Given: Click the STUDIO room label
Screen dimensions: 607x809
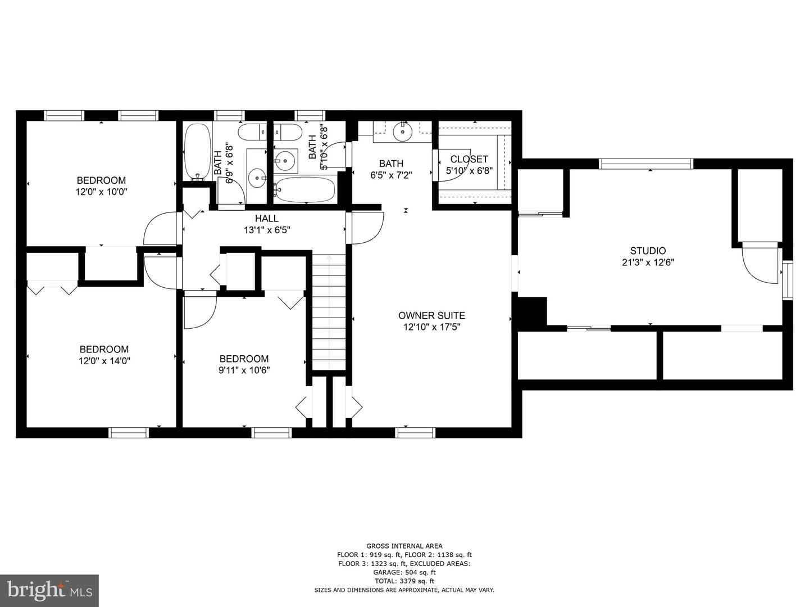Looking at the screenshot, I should pyautogui.click(x=647, y=251).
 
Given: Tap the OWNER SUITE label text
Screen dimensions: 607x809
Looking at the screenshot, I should pyautogui.click(x=431, y=315).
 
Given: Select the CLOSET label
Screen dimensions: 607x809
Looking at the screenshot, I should pyautogui.click(x=469, y=159).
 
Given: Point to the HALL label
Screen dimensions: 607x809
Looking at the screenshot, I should pyautogui.click(x=266, y=219).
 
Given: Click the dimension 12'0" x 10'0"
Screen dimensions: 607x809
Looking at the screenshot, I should pyautogui.click(x=102, y=192).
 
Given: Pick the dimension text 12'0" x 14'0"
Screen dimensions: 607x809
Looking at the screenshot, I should pyautogui.click(x=104, y=361).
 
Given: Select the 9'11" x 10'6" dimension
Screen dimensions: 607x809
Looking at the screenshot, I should pyautogui.click(x=244, y=370).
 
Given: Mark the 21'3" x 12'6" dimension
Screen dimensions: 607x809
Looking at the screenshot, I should pyautogui.click(x=647, y=262).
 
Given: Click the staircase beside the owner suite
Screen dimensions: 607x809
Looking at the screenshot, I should pyautogui.click(x=329, y=312).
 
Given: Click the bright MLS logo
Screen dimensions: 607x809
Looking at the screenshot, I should pyautogui.click(x=49, y=590).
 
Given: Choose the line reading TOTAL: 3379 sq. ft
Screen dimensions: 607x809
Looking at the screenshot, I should pyautogui.click(x=404, y=581).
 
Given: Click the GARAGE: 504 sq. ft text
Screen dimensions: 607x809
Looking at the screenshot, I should pyautogui.click(x=404, y=572).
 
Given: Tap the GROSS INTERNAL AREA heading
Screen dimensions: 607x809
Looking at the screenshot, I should pyautogui.click(x=404, y=546).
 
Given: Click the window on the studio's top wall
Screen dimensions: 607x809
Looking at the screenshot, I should pyautogui.click(x=646, y=164).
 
